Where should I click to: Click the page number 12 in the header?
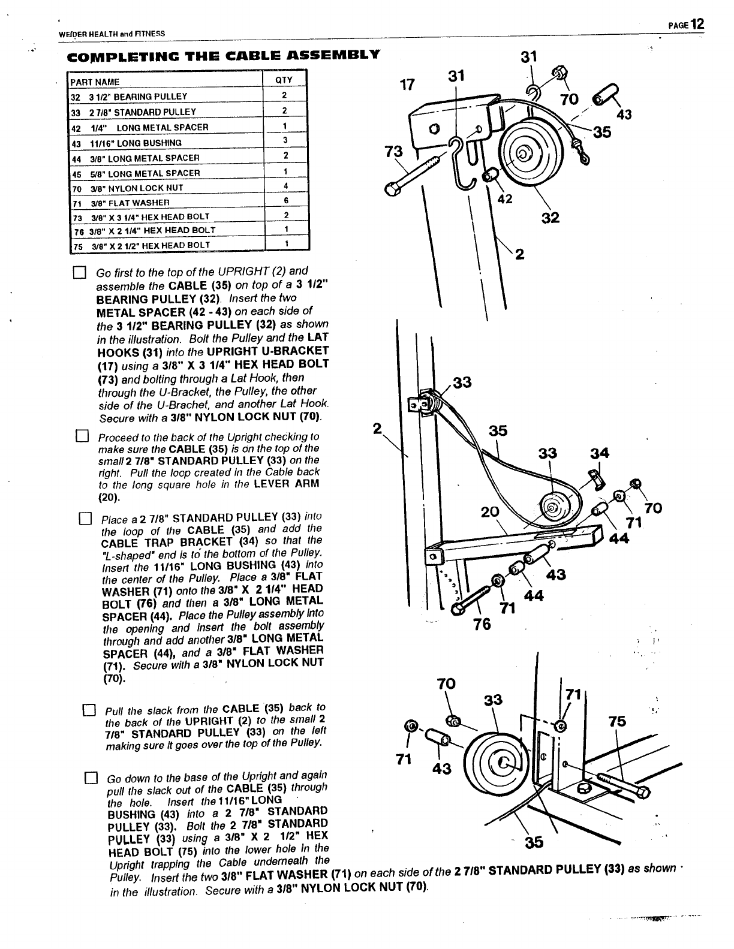pos(696,24)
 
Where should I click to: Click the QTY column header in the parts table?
pos(283,81)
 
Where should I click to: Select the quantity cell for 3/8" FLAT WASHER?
pos(286,201)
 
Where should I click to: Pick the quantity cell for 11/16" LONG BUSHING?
pos(285,140)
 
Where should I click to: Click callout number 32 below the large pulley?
pos(550,218)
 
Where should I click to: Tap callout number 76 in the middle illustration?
pos(482,624)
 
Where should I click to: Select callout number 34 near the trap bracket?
pos(599,453)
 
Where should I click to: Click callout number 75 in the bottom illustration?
pos(616,721)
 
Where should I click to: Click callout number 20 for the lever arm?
pos(490,511)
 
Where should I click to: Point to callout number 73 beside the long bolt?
pos(394,152)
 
